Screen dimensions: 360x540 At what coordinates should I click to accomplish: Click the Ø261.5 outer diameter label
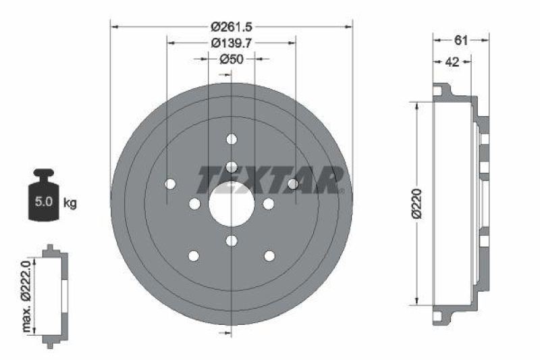(231, 26)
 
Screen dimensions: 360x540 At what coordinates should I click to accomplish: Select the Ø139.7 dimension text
(231, 43)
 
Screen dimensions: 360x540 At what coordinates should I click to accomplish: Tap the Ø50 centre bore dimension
(231, 59)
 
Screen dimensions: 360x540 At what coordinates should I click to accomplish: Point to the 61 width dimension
(461, 41)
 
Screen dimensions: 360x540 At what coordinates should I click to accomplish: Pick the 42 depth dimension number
(452, 61)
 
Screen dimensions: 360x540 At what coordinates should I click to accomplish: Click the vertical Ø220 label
(418, 203)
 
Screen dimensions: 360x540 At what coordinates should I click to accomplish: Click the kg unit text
(70, 202)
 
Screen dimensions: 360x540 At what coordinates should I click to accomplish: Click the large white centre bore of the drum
(231, 204)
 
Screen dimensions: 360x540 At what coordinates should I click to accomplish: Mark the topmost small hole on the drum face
(232, 139)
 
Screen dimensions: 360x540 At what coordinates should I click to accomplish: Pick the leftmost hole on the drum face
(169, 184)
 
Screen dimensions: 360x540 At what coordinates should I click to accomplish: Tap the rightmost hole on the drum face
(293, 184)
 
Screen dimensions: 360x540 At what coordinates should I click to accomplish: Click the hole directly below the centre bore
(232, 241)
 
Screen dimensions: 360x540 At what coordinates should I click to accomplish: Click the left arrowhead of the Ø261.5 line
(114, 26)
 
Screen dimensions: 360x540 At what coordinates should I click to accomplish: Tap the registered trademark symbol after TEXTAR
(342, 191)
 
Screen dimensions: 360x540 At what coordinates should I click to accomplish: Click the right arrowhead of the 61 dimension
(485, 41)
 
